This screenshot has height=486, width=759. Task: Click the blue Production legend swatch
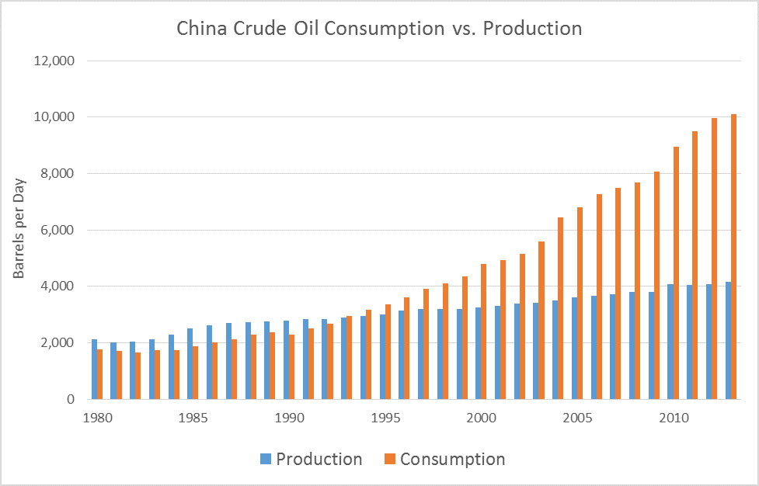265,460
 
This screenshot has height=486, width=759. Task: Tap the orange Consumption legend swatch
389,460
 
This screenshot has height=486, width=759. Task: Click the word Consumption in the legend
452,459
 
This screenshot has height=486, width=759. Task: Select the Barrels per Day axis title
19,230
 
